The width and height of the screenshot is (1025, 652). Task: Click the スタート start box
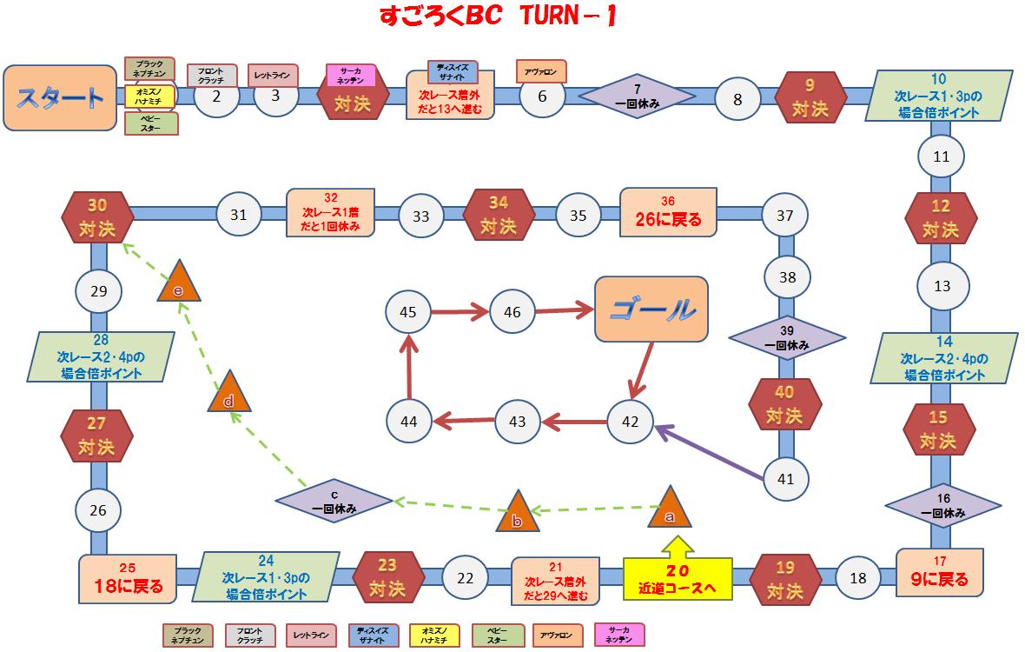point(59,97)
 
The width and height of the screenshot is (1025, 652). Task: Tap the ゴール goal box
point(651,309)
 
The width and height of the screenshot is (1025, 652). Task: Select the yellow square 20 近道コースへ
point(677,579)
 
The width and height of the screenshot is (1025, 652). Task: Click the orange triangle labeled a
point(670,510)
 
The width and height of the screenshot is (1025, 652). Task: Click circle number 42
point(630,422)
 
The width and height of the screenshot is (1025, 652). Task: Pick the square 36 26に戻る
point(668,211)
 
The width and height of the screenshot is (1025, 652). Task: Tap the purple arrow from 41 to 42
point(709,450)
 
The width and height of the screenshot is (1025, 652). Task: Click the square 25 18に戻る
point(128,578)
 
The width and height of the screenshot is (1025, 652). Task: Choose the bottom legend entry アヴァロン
point(551,635)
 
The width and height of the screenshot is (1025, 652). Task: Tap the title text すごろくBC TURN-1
point(498,17)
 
